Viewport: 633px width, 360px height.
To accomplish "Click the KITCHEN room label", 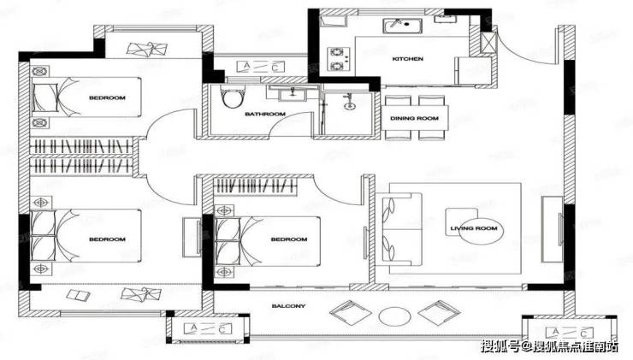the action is click(x=408, y=59).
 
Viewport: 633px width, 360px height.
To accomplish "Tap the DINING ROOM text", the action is click(x=414, y=118).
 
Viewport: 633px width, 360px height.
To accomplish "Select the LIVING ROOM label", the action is click(x=474, y=228).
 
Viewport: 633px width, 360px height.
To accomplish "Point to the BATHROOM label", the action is click(x=265, y=115).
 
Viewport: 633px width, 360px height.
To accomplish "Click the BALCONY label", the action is click(x=288, y=306).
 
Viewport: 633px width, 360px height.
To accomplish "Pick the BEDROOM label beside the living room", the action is click(x=289, y=239).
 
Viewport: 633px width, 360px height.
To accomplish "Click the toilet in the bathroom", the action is click(x=234, y=96).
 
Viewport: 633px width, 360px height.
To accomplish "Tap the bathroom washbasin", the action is click(x=293, y=94).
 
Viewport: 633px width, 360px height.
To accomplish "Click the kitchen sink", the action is click(x=403, y=26).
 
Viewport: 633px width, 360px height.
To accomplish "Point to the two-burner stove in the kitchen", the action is click(x=338, y=59).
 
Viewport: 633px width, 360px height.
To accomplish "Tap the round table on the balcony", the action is click(x=395, y=316).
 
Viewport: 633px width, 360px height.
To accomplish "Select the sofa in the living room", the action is click(x=399, y=229).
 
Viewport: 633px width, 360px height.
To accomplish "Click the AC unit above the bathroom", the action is click(x=260, y=67).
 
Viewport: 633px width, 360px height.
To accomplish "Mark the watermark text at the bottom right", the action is click(x=550, y=346).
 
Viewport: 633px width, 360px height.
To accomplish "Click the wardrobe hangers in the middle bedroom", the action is click(x=255, y=186).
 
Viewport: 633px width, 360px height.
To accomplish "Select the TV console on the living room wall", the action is click(x=553, y=229).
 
